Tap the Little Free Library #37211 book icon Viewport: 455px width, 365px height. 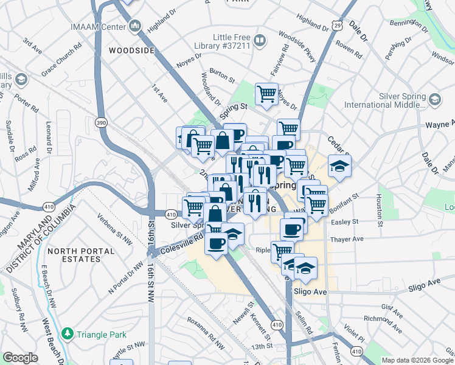(x=260, y=41)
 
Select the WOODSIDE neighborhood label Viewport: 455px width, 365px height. (x=132, y=50)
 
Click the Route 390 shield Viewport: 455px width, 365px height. (x=101, y=123)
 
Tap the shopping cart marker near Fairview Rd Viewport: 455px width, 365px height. (x=266, y=94)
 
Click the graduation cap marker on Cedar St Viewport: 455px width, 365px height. (x=339, y=165)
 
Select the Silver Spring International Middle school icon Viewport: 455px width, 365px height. (x=435, y=99)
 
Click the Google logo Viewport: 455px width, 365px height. (x=20, y=358)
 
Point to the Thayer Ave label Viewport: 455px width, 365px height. (x=347, y=239)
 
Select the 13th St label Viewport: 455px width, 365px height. (x=262, y=346)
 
